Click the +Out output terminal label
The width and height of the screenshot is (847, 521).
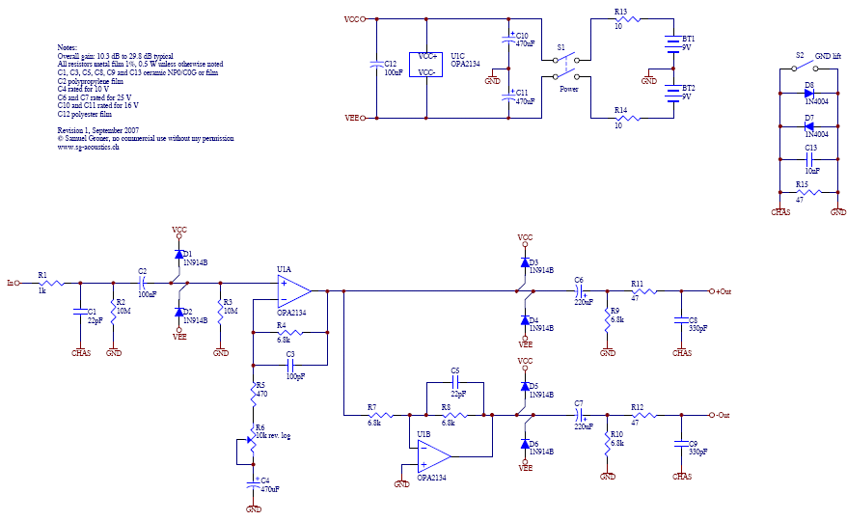click(722, 290)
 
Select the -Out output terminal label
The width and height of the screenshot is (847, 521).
click(721, 415)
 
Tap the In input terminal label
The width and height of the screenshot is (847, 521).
click(11, 283)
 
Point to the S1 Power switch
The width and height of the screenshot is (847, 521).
click(566, 67)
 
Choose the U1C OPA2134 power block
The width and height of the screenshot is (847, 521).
click(425, 65)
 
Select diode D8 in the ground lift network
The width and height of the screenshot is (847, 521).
click(808, 93)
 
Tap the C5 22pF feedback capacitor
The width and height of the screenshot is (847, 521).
click(456, 383)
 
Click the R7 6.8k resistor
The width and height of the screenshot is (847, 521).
click(375, 415)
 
